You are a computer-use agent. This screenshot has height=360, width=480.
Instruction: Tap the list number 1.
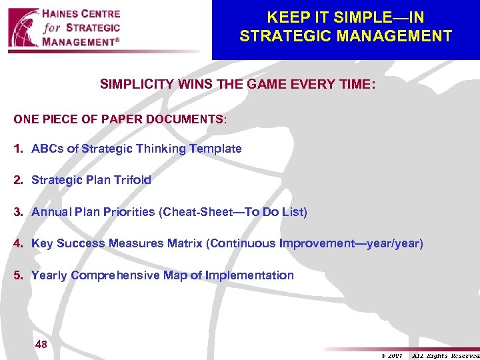tap(17, 149)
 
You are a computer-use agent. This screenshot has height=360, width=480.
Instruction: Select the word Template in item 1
tap(215, 149)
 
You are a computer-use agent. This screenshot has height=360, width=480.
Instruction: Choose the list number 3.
tap(17, 212)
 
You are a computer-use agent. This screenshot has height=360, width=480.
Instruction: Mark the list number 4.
tap(17, 243)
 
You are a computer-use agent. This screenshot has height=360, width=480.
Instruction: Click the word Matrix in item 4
tap(186, 243)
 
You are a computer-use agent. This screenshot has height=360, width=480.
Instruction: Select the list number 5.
tap(17, 275)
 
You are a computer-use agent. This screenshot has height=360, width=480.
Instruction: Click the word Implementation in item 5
tap(249, 275)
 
